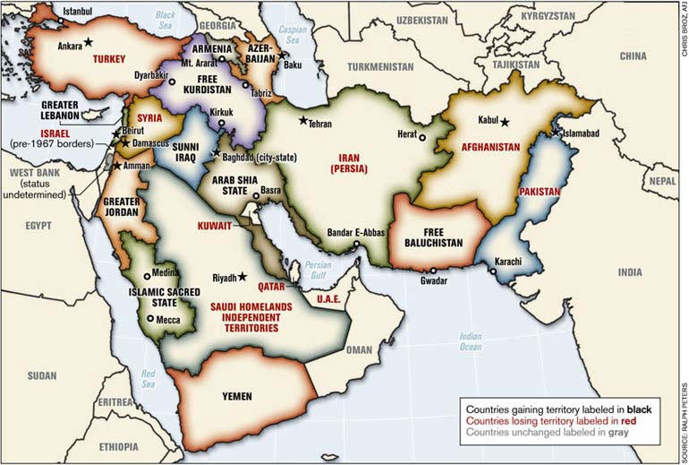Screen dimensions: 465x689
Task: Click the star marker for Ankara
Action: (x=88, y=42)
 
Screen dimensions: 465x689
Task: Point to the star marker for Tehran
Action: (x=303, y=120)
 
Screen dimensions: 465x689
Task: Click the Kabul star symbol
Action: (x=506, y=122)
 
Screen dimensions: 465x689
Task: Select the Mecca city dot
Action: (x=149, y=317)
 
